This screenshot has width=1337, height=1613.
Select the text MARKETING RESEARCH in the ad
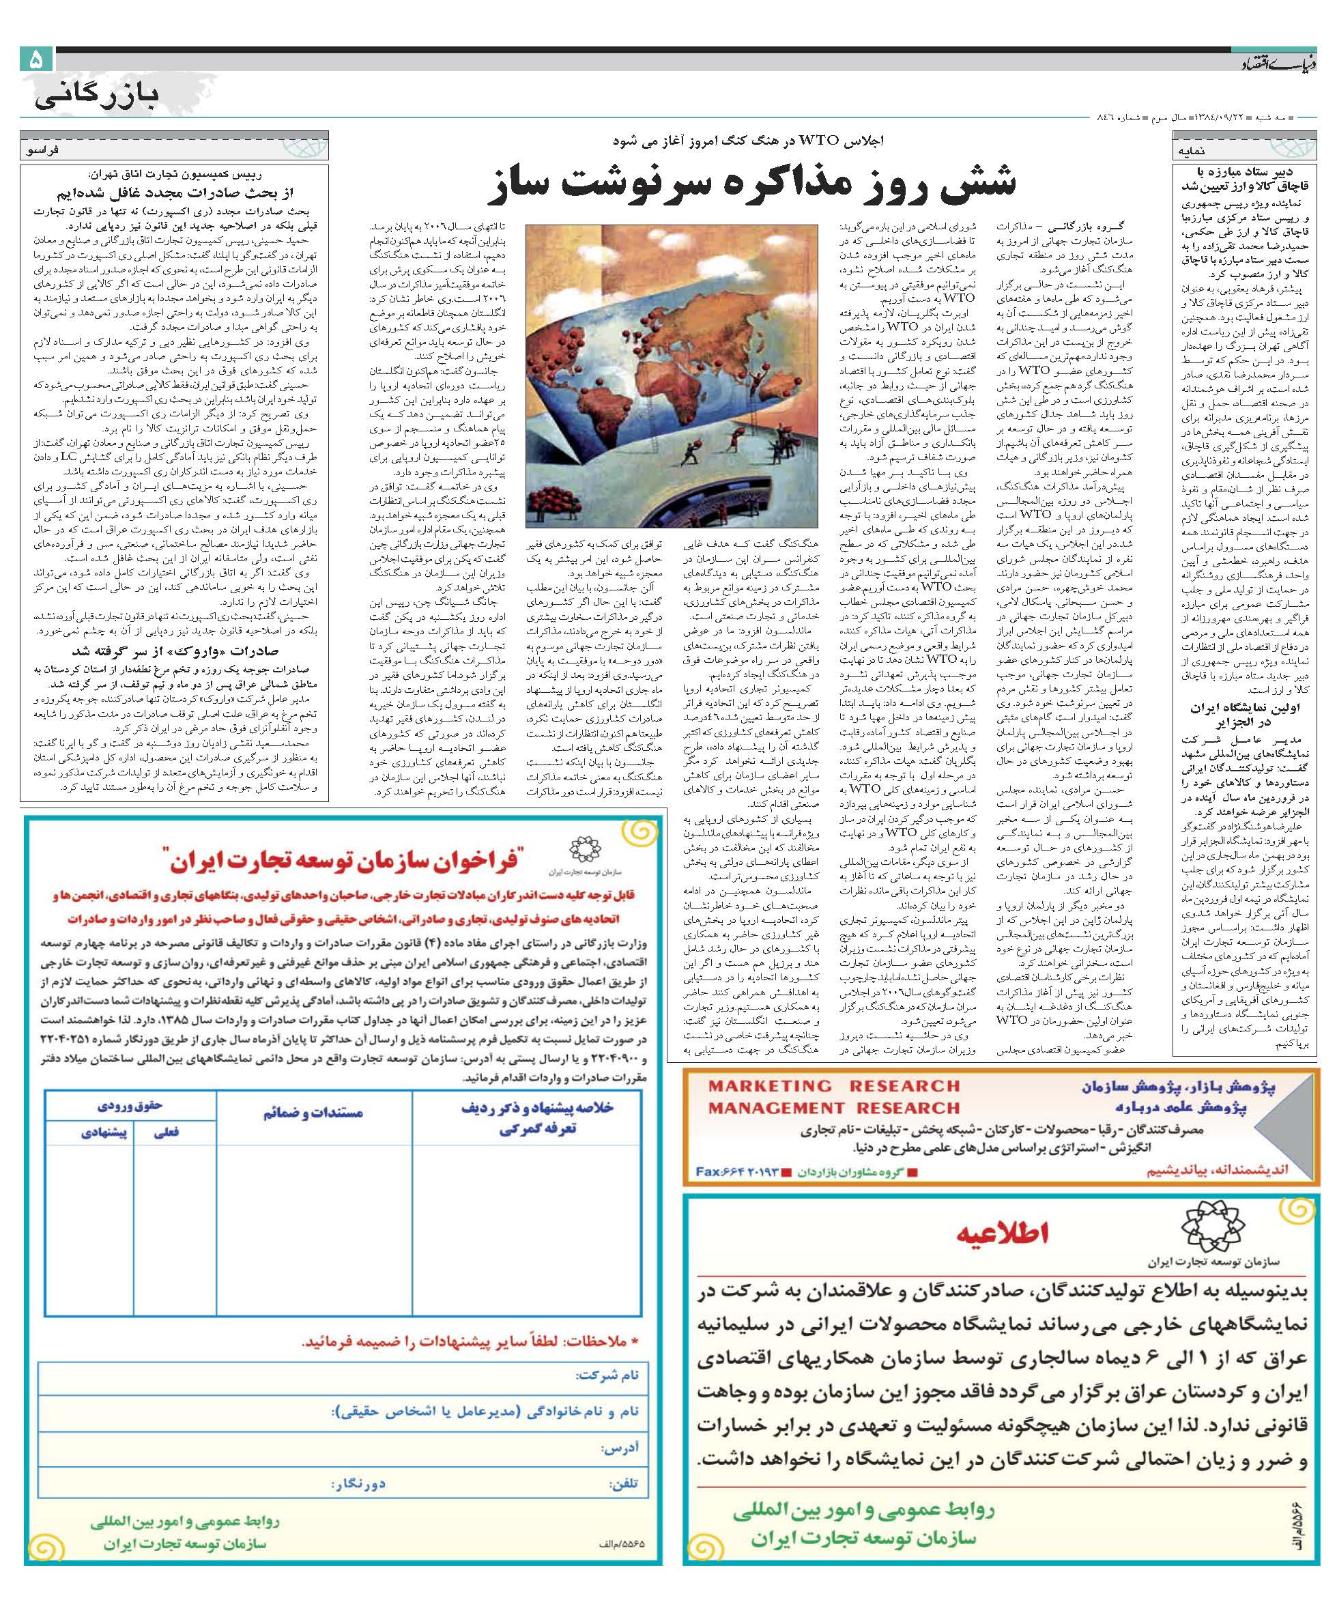point(833,1086)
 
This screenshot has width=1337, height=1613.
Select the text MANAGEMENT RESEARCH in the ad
point(833,1108)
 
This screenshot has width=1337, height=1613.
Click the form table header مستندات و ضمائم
point(313,1113)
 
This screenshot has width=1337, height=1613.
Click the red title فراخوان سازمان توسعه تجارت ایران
point(342,857)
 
